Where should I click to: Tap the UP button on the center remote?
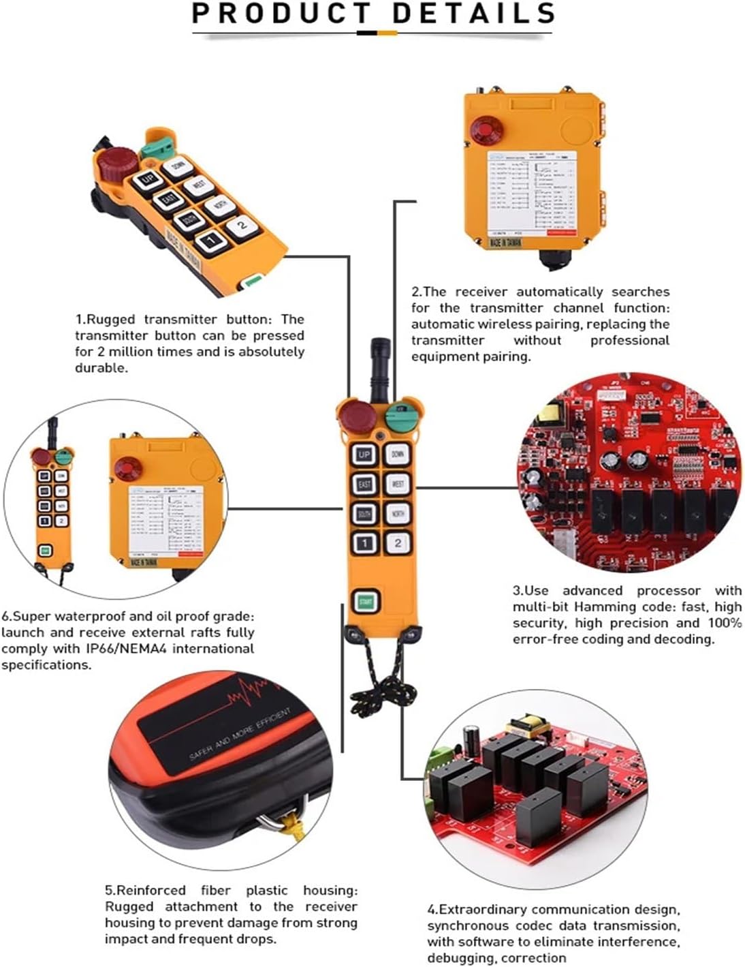click(364, 455)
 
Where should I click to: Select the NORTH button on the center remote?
click(398, 514)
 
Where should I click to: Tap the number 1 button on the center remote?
click(365, 543)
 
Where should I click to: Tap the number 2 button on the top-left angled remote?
click(240, 226)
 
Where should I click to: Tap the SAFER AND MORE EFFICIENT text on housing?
click(240, 733)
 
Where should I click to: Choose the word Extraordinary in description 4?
click(483, 909)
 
